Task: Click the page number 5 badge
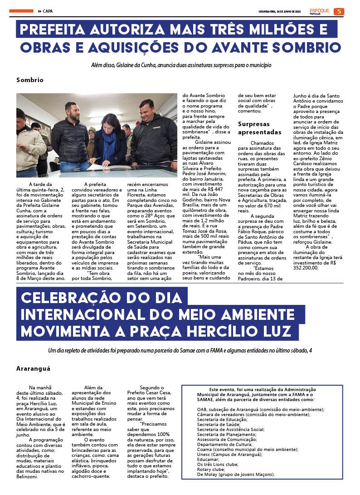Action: coord(339,11)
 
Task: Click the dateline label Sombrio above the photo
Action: coord(30,80)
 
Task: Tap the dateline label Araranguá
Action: coord(33,368)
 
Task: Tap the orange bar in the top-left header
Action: coord(21,11)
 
